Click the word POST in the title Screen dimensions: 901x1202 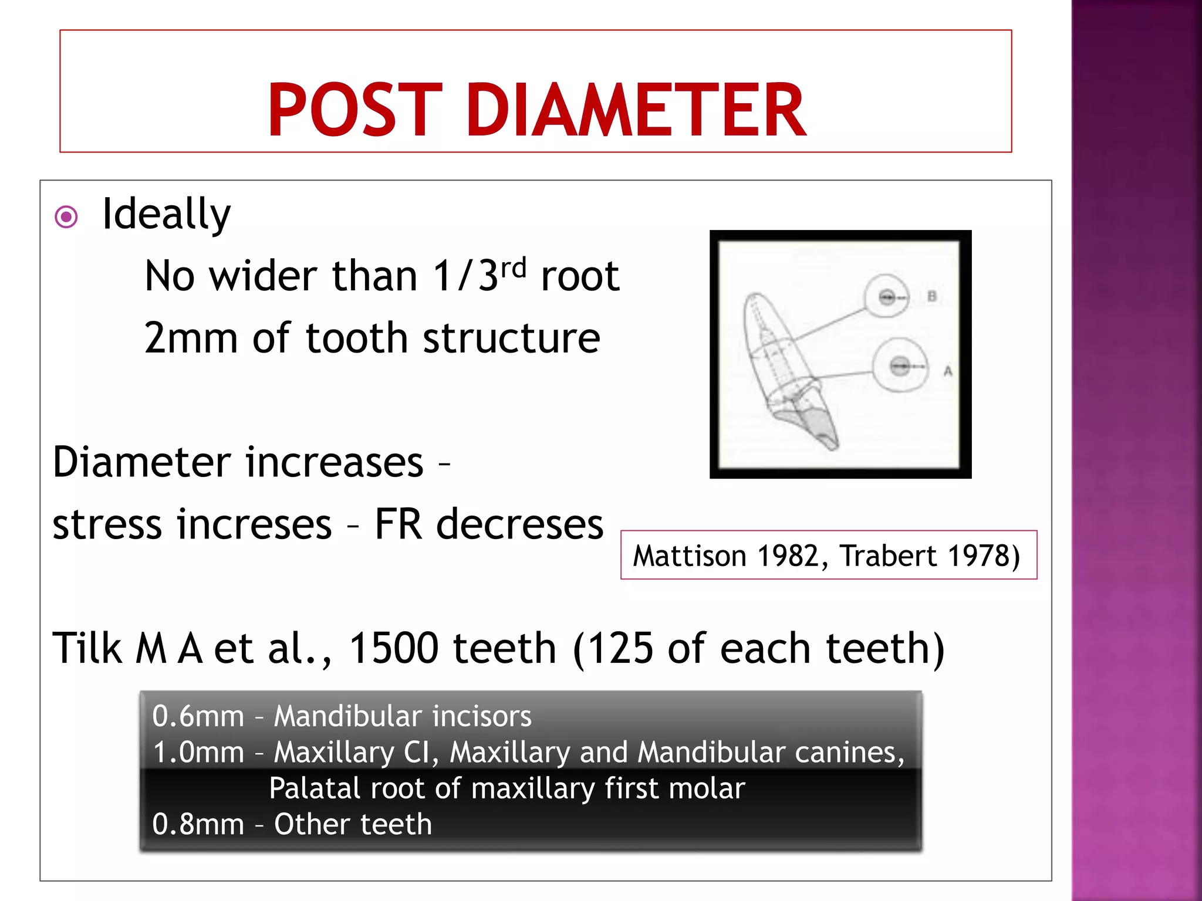(x=354, y=110)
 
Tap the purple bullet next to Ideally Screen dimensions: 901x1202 (x=66, y=217)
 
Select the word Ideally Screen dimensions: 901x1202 (x=166, y=215)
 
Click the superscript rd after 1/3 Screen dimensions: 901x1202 (x=514, y=269)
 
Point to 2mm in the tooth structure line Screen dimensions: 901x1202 (x=190, y=339)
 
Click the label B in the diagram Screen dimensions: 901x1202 (x=931, y=296)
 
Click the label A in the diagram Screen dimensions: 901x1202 (x=947, y=371)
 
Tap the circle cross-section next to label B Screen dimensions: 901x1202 (x=887, y=296)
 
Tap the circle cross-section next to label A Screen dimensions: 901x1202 (x=900, y=366)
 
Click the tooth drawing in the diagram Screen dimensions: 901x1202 (x=786, y=370)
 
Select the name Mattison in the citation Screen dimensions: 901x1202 (x=689, y=556)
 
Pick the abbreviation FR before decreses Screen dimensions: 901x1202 (x=398, y=524)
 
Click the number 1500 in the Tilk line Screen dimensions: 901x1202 (x=394, y=649)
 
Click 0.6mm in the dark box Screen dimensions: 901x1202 (x=198, y=717)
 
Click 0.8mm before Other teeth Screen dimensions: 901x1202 (x=198, y=825)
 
